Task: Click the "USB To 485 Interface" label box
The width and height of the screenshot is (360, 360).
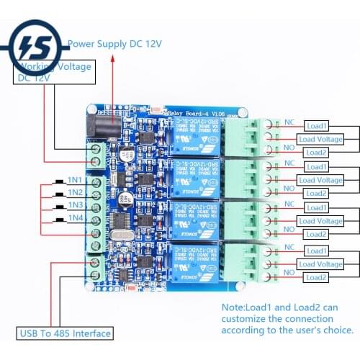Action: pyautogui.click(x=65, y=333)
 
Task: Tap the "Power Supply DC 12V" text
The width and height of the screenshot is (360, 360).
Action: pyautogui.click(x=115, y=44)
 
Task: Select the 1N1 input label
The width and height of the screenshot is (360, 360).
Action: pyautogui.click(x=74, y=179)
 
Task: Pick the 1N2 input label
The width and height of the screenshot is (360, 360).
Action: pyautogui.click(x=74, y=192)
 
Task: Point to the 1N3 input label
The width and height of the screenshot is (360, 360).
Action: pyautogui.click(x=74, y=205)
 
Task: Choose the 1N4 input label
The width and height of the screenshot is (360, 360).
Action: pyautogui.click(x=74, y=218)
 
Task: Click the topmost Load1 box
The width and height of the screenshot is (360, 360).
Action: pyautogui.click(x=316, y=125)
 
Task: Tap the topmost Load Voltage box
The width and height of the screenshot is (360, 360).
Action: pyautogui.click(x=320, y=139)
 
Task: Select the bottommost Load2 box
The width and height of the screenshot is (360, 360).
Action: pyautogui.click(x=316, y=277)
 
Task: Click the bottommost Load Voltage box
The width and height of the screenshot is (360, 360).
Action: pyautogui.click(x=320, y=264)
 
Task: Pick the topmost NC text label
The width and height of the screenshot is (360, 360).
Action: pyautogui.click(x=289, y=122)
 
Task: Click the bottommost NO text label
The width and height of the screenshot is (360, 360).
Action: pyautogui.click(x=289, y=272)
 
